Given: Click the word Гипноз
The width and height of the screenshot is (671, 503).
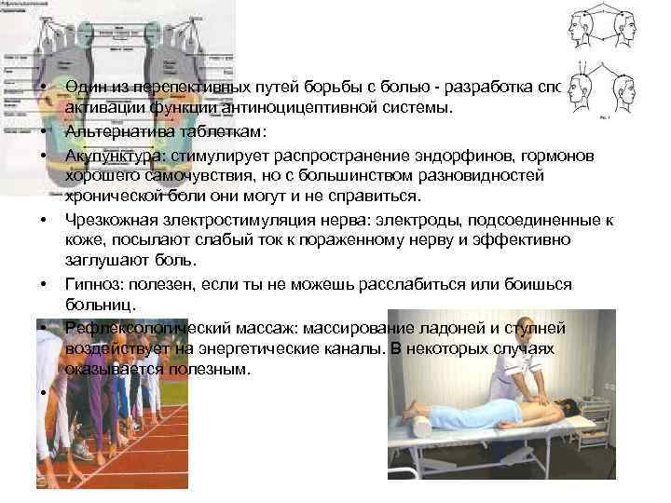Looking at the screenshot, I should (x=89, y=283).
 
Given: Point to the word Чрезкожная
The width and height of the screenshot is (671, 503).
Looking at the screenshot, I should (x=105, y=219).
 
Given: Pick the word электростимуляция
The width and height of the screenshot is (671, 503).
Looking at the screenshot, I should (x=226, y=219).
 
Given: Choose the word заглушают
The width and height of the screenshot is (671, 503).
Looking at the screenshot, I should (x=103, y=261).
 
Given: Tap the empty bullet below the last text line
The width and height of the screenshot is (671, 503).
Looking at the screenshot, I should (x=44, y=392).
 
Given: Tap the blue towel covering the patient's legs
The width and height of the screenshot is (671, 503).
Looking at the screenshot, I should (x=461, y=410).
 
